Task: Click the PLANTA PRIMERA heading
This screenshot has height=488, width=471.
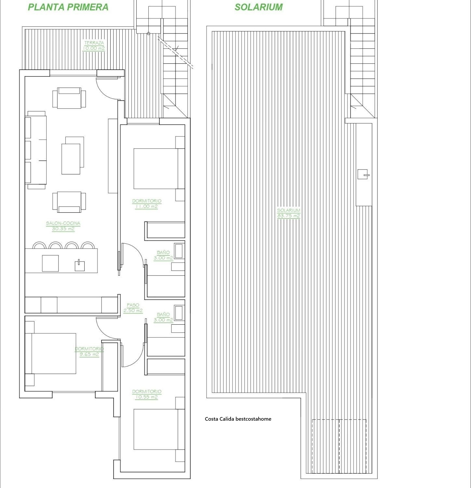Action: click(x=68, y=7)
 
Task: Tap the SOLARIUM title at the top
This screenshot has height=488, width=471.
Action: click(x=259, y=7)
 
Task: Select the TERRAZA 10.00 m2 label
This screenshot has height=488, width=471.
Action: click(x=94, y=46)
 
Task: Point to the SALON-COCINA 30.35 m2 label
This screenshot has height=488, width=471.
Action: click(x=63, y=226)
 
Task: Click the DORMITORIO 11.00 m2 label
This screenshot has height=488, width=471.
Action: click(x=146, y=204)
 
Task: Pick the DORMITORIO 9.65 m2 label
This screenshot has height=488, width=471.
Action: click(x=89, y=352)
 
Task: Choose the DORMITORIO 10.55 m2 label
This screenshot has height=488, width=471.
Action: click(x=146, y=394)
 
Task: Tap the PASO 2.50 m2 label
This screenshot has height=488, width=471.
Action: click(x=133, y=308)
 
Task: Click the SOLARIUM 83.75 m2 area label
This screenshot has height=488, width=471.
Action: click(x=289, y=213)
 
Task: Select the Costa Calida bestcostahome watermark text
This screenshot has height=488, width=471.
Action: click(x=238, y=419)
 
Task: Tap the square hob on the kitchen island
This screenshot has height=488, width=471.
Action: click(x=50, y=263)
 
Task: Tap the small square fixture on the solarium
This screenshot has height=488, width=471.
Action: click(x=363, y=174)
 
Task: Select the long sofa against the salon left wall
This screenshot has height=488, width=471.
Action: click(x=36, y=150)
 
